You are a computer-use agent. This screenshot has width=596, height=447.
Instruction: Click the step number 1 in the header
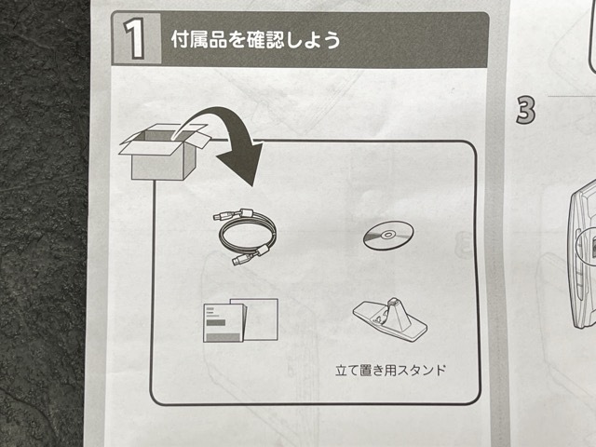(137, 41)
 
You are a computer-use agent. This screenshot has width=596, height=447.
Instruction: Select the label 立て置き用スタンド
(391, 370)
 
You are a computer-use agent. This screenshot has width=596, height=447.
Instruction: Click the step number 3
(526, 110)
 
